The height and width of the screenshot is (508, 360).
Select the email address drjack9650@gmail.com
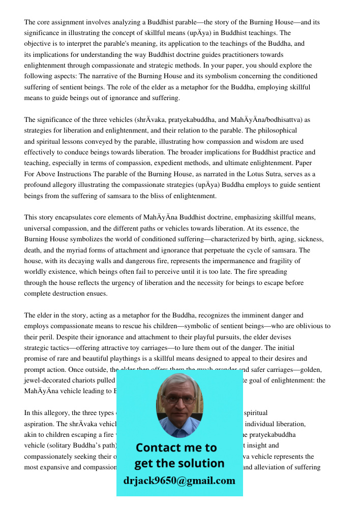coord(179,481)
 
